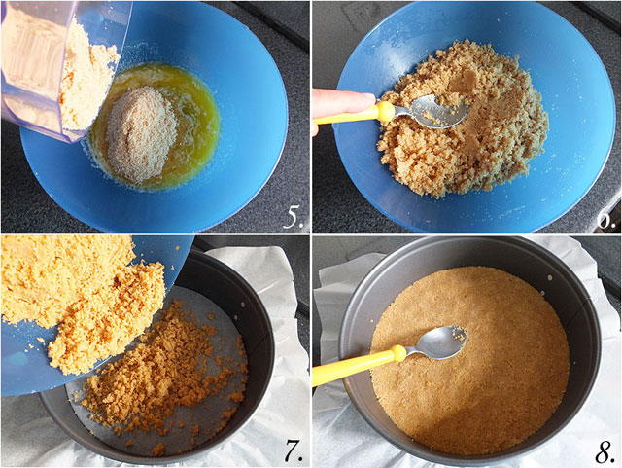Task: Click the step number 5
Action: pyautogui.click(x=293, y=218)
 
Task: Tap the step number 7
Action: pyautogui.click(x=294, y=451)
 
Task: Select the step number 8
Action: pyautogui.click(x=605, y=451)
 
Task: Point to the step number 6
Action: pyautogui.click(x=606, y=219)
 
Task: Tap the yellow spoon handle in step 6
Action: pyautogui.click(x=349, y=115)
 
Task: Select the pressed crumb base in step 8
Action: pyautogui.click(x=470, y=360)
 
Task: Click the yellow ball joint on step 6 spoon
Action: pyautogui.click(x=385, y=111)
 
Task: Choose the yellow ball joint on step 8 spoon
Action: pyautogui.click(x=398, y=353)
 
